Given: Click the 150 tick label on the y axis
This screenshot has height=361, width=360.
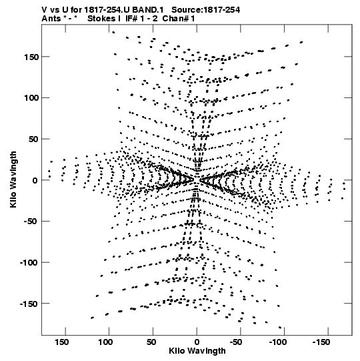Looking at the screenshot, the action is coord(31,57).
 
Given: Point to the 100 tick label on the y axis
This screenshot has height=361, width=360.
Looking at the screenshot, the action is coord(31,98).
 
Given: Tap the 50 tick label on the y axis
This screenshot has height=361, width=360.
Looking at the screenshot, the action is coord(33,139).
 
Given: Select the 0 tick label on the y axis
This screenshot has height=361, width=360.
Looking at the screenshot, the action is coord(35,180).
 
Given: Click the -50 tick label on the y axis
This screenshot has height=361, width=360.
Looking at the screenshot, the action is coord(31,222).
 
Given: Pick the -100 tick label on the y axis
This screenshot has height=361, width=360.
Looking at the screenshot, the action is coord(29,263).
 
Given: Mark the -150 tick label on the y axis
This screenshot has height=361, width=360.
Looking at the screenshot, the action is coord(29,304).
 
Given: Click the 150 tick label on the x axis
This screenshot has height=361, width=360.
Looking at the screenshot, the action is coord(61,342).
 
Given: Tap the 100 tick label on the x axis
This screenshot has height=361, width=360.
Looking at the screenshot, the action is coord(105,342).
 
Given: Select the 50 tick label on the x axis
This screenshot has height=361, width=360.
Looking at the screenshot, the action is coord(151,342).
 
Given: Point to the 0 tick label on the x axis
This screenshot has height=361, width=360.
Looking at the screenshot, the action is coord(197,342).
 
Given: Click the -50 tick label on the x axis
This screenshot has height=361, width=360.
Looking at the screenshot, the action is coord(236,342).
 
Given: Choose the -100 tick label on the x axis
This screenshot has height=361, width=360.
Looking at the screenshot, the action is coord(278,342).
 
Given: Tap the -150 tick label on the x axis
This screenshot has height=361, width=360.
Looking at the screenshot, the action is coord(321,342).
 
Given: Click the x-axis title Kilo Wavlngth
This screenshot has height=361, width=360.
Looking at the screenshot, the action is coord(197,351).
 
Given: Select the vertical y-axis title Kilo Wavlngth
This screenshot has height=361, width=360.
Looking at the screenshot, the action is coord(13,179).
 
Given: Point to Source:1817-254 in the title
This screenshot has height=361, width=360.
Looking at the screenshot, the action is coord(205,10).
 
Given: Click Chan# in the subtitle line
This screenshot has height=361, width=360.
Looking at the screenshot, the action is coord(175,19).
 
